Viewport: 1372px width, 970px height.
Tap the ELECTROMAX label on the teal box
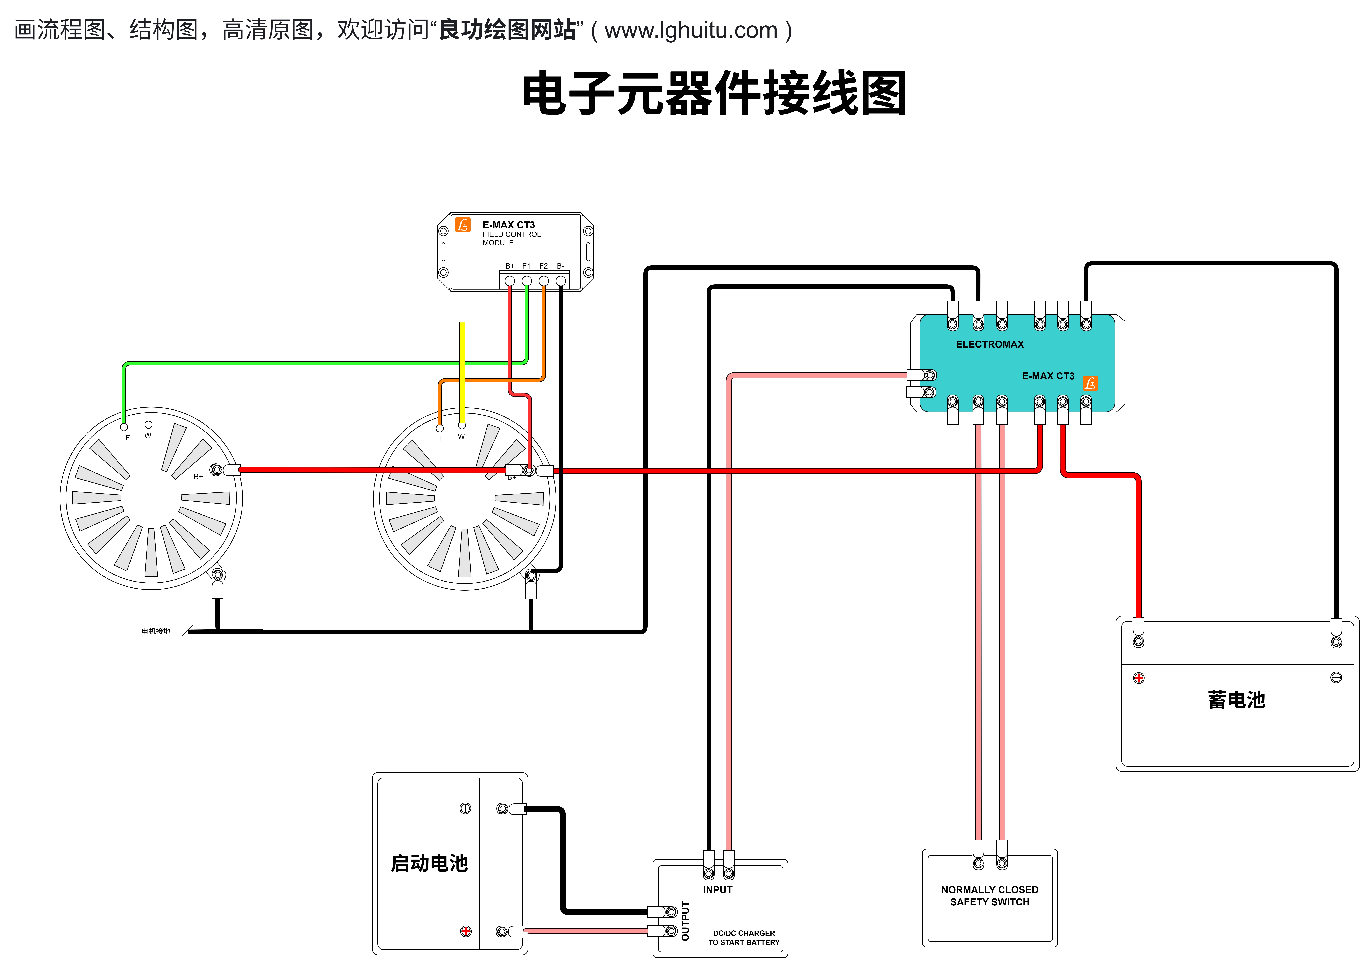click(990, 344)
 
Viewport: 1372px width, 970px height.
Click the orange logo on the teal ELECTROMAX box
click(1090, 383)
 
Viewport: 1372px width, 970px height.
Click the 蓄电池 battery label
click(1236, 700)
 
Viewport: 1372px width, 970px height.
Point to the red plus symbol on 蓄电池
click(1139, 678)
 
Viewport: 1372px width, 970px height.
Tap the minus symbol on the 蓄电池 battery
click(1336, 677)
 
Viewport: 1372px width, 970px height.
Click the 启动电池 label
click(429, 863)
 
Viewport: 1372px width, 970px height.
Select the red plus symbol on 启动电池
click(466, 931)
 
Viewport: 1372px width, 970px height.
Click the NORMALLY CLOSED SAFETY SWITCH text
click(990, 896)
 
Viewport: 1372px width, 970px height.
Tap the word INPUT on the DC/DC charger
click(718, 890)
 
